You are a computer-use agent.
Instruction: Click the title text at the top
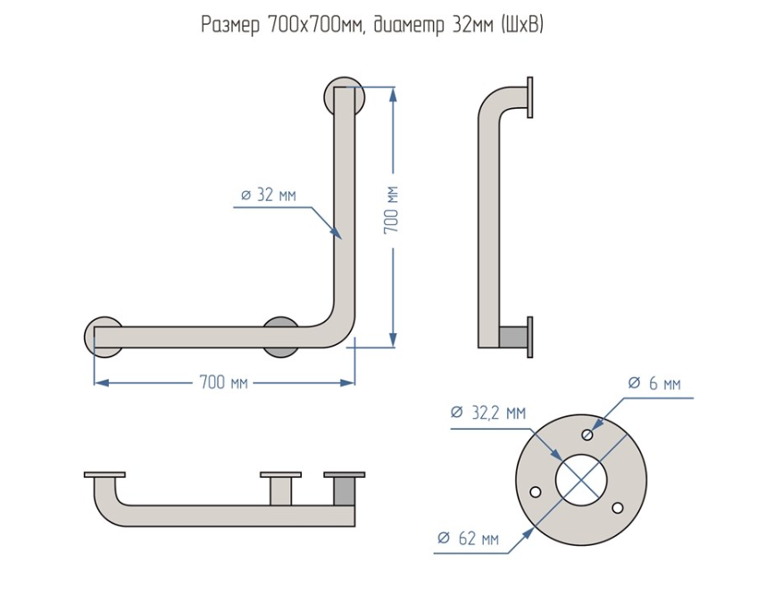pyautogui.click(x=372, y=25)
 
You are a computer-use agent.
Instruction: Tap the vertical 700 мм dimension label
pyautogui.click(x=391, y=211)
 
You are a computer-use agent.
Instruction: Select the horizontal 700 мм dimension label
pyautogui.click(x=224, y=382)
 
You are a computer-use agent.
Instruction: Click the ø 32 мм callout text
pyautogui.click(x=269, y=196)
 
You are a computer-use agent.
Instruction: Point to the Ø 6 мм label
pyautogui.click(x=654, y=383)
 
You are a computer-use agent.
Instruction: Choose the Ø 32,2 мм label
pyautogui.click(x=488, y=413)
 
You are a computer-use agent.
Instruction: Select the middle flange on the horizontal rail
pyautogui.click(x=280, y=337)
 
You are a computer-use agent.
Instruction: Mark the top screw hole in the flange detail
pyautogui.click(x=587, y=435)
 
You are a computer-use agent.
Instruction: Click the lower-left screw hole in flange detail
pyautogui.click(x=536, y=491)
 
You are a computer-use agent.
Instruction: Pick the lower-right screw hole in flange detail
pyautogui.click(x=618, y=507)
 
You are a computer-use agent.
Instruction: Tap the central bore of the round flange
pyautogui.click(x=581, y=478)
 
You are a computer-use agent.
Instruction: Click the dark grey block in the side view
pyautogui.click(x=514, y=337)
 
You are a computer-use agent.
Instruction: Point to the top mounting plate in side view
pyautogui.click(x=530, y=97)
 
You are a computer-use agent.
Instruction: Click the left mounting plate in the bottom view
pyautogui.click(x=104, y=474)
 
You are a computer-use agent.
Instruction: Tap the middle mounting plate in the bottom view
pyautogui.click(x=280, y=474)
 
